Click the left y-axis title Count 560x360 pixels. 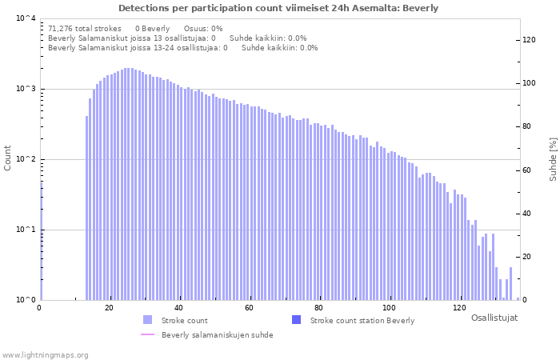tap(8, 158)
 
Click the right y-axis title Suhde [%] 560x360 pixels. tap(553, 158)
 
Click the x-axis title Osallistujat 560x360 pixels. tap(494, 318)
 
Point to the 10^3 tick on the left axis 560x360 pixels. tap(25, 89)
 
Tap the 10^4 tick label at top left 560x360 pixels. tap(25, 18)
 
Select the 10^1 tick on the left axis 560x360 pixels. tap(25, 230)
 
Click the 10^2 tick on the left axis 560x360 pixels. tap(25, 159)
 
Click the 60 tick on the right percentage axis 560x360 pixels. tap(529, 170)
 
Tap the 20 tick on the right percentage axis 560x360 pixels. tap(529, 257)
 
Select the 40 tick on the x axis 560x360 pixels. tap(179, 308)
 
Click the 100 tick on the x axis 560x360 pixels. tap(390, 308)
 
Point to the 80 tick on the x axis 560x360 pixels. tap(319, 308)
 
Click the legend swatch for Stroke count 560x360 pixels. tap(146, 320)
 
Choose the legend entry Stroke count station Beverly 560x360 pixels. tap(362, 321)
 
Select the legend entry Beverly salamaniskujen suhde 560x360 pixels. tap(217, 335)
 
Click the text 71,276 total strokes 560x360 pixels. tap(85, 28)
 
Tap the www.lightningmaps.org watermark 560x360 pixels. tap(45, 354)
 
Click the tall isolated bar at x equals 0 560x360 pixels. tap(41, 240)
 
